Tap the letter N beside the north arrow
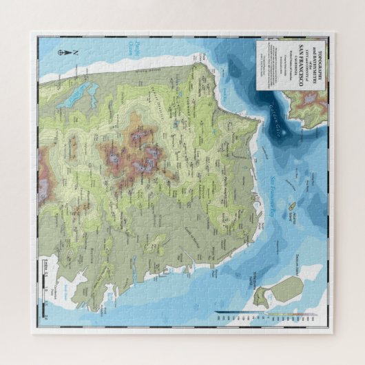pos(76,53)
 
